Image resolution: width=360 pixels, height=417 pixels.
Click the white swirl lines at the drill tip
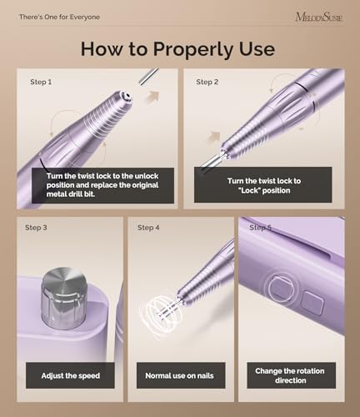[x=160, y=315]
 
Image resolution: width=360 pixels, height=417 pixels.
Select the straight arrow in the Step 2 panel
[x=214, y=137]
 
